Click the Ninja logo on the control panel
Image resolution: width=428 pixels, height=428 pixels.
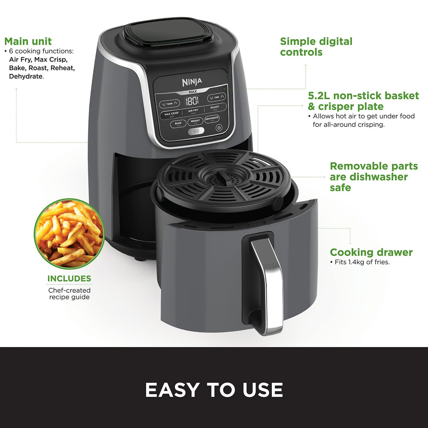[192, 82]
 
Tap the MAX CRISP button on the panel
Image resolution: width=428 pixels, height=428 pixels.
[172, 114]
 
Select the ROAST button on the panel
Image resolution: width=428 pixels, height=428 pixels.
[215, 107]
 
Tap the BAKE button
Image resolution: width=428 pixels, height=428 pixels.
[178, 123]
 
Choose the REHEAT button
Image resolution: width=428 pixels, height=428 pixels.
[195, 121]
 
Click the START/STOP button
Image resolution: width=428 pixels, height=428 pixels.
[196, 131]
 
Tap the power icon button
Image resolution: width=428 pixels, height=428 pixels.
[219, 128]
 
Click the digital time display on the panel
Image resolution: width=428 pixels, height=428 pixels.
[192, 101]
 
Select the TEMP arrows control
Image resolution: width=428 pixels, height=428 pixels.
[169, 104]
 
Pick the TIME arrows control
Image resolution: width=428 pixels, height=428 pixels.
[216, 97]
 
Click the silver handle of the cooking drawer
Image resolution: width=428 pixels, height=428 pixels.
[269, 284]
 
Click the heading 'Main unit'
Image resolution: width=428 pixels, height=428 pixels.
[28, 41]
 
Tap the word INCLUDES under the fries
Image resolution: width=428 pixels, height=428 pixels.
[69, 279]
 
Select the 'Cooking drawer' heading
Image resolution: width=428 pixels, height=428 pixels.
[371, 252]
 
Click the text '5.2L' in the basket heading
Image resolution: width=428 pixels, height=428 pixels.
[319, 96]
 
